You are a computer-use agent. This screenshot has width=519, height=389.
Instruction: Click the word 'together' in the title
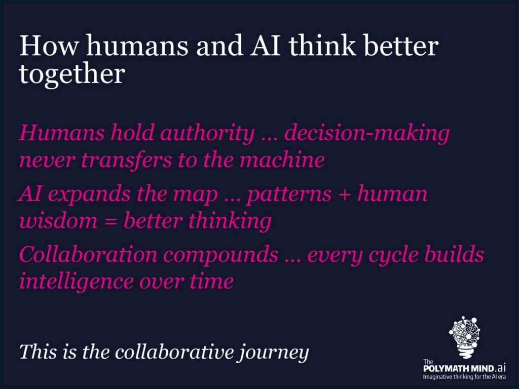click(72, 74)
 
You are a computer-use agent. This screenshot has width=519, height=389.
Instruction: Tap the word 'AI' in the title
click(265, 46)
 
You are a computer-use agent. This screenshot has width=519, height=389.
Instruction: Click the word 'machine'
click(282, 160)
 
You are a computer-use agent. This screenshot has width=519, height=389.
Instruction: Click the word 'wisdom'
click(58, 220)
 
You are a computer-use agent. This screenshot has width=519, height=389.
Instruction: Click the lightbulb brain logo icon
click(465, 337)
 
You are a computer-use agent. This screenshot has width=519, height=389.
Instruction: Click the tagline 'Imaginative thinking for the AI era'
click(464, 377)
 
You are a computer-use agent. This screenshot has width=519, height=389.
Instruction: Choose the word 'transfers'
click(126, 160)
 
